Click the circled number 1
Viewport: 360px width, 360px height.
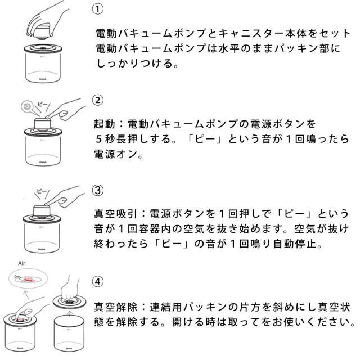click(97, 9)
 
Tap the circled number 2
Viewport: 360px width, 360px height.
click(97, 100)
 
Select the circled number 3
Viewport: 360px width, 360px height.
click(97, 190)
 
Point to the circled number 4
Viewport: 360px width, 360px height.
click(97, 281)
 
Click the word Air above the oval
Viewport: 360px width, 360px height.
click(21, 263)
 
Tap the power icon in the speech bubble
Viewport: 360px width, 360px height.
click(27, 106)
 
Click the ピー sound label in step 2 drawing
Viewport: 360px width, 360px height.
click(43, 105)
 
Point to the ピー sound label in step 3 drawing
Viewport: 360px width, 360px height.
click(42, 191)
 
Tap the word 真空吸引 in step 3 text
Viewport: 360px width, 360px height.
click(115, 214)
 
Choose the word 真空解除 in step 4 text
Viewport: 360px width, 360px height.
click(115, 307)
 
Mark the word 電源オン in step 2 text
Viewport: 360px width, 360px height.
click(116, 154)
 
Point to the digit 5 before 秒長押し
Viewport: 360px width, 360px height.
click(98, 139)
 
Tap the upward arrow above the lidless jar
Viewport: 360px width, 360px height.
click(70, 313)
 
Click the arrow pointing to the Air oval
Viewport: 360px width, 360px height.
click(26, 294)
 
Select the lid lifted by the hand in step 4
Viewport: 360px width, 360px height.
click(69, 302)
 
